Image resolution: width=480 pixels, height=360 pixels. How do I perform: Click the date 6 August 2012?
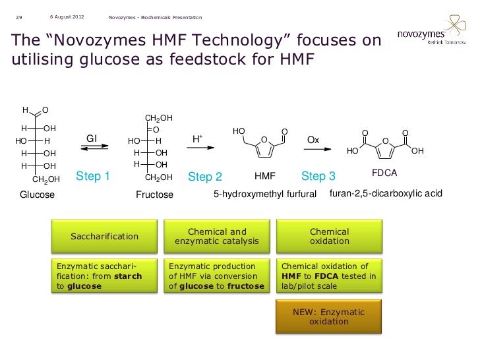pyautogui.click(x=66, y=16)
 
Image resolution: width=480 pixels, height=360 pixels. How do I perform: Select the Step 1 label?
pyautogui.click(x=93, y=176)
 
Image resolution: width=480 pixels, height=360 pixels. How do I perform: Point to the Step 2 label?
pyautogui.click(x=205, y=177)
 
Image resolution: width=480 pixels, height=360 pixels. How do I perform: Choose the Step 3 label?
pyautogui.click(x=318, y=176)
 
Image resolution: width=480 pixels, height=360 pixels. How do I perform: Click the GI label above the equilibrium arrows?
pyautogui.click(x=92, y=138)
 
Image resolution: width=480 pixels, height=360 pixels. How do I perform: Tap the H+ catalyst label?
pyautogui.click(x=197, y=139)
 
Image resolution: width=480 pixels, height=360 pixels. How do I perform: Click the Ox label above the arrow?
pyautogui.click(x=313, y=140)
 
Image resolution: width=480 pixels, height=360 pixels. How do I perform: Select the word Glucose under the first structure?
pyautogui.click(x=38, y=195)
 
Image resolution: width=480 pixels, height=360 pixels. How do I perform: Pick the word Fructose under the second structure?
pyautogui.click(x=154, y=195)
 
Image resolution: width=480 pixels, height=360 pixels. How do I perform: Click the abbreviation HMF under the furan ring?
pyautogui.click(x=264, y=177)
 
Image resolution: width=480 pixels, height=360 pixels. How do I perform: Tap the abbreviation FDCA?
pyautogui.click(x=384, y=173)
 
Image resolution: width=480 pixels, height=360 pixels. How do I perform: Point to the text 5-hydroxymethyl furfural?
pyautogui.click(x=266, y=195)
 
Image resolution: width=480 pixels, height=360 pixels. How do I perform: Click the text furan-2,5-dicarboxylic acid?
pyautogui.click(x=390, y=194)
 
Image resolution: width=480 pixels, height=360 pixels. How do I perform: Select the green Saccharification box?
pyautogui.click(x=104, y=236)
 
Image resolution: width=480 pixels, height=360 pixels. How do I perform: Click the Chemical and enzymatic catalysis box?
pyautogui.click(x=217, y=236)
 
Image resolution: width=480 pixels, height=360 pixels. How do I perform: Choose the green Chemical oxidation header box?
pyautogui.click(x=329, y=236)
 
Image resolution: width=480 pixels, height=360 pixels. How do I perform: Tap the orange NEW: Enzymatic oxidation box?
pyautogui.click(x=329, y=316)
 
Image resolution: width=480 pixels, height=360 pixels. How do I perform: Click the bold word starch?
pyautogui.click(x=128, y=276)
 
